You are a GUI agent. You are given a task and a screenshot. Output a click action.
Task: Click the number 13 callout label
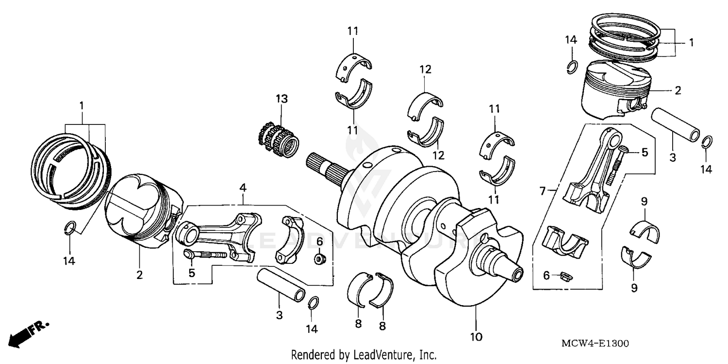(x=281, y=99)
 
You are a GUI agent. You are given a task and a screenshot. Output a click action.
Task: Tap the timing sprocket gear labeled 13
(x=278, y=139)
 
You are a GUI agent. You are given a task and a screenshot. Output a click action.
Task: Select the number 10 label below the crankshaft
(x=476, y=336)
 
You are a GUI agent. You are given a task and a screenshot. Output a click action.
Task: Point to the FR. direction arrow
(x=27, y=334)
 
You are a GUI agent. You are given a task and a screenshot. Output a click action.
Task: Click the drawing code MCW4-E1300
(x=595, y=344)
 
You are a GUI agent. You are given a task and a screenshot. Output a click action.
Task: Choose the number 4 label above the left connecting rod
(x=243, y=187)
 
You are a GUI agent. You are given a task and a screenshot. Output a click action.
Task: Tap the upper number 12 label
(x=425, y=70)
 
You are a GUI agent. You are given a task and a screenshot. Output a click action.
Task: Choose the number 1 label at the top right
(x=691, y=43)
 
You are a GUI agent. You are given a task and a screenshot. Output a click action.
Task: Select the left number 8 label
(x=358, y=324)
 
